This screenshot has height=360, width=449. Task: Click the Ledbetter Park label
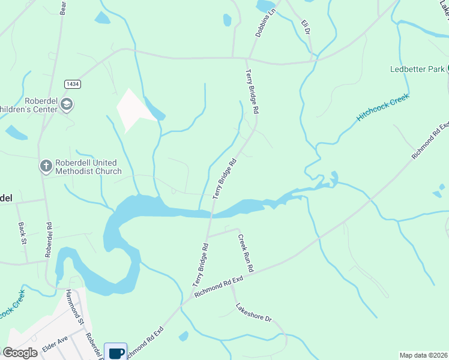417,70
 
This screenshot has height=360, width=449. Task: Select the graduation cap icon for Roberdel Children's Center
67,106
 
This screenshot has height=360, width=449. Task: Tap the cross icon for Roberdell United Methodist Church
46,166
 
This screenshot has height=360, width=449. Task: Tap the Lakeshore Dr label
254,313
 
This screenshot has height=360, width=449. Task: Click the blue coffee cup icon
116,352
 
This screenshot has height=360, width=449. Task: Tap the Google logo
19,353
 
